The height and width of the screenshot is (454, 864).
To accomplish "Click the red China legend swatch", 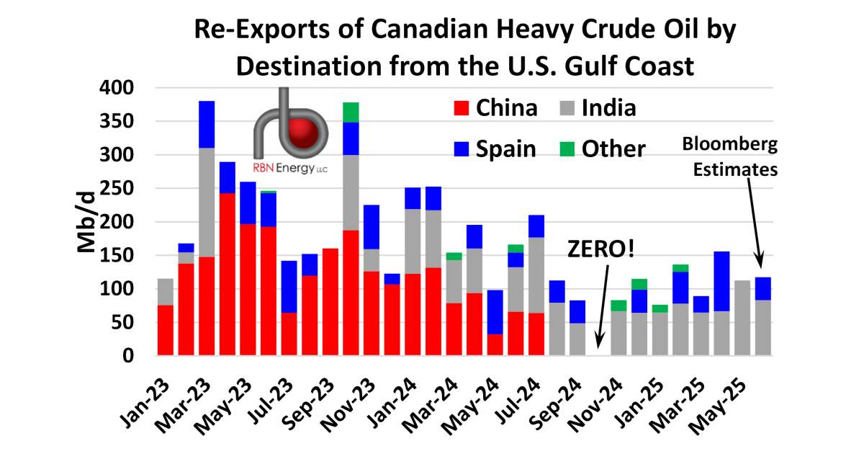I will pyautogui.click(x=462, y=108).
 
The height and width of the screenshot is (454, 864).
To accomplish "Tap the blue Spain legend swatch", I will pyautogui.click(x=462, y=149).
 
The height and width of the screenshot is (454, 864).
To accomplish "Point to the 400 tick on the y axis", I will pyautogui.click(x=114, y=88).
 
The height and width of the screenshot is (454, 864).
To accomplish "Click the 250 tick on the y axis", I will pyautogui.click(x=114, y=189).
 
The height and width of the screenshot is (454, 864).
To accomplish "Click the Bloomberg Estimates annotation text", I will pyautogui.click(x=732, y=157).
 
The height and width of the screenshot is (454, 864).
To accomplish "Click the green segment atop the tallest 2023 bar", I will pyautogui.click(x=351, y=112).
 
